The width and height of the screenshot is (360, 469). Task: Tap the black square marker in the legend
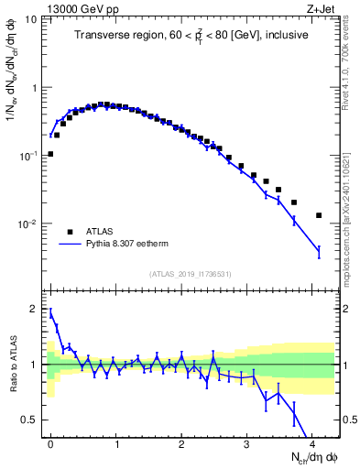tap(70, 233)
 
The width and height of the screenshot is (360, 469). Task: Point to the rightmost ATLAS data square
tap(319, 215)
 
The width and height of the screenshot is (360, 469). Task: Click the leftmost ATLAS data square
tap(50, 154)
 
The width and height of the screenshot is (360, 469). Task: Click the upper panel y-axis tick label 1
tap(34, 88)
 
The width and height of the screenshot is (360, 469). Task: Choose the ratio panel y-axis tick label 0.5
tap(29, 420)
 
